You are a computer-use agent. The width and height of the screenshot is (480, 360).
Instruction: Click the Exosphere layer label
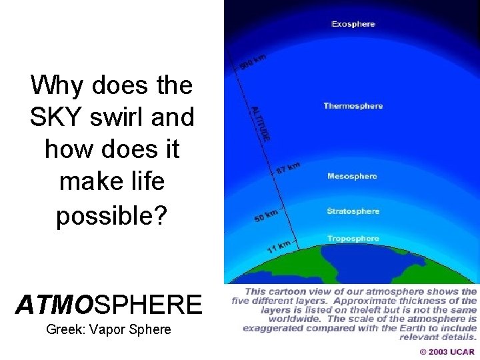353,24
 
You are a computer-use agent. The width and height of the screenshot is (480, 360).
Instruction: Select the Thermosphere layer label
353,106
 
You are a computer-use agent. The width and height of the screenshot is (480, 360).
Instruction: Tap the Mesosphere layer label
352,177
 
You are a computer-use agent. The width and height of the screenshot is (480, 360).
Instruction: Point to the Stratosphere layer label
353,211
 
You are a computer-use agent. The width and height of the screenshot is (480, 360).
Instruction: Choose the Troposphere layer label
353,239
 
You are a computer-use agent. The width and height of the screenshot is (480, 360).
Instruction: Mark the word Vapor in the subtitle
114,329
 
